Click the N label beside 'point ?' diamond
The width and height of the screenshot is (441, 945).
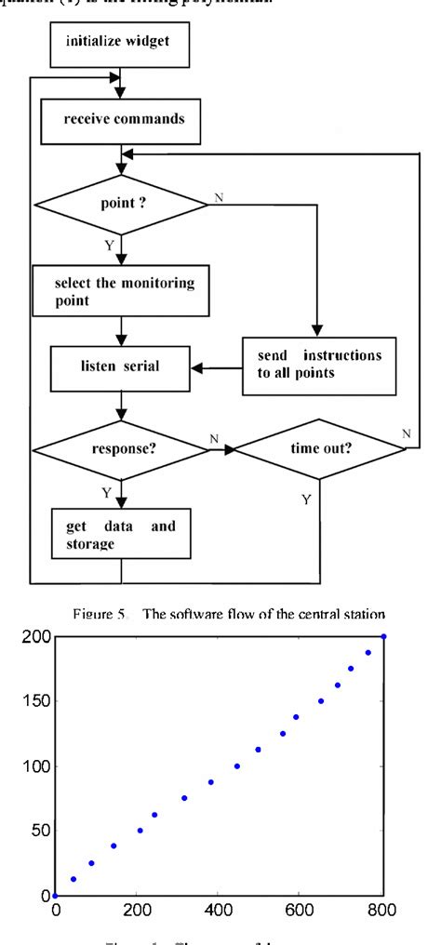point(219,197)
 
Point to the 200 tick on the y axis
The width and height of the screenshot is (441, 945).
point(34,637)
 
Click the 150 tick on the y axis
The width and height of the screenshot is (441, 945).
point(34,701)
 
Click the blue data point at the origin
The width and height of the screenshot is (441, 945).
point(55,895)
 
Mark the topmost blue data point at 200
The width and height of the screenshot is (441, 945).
point(383,637)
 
